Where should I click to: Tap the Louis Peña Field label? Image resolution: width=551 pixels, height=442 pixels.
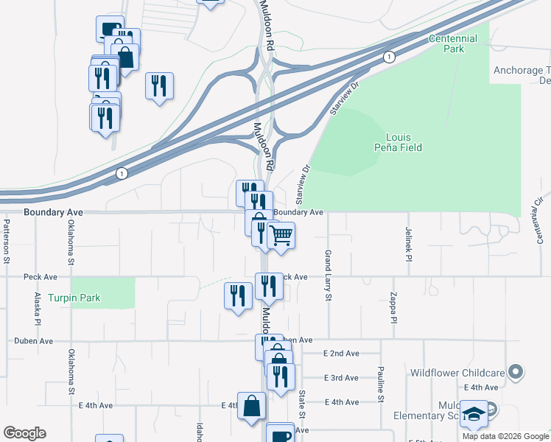point(404,142)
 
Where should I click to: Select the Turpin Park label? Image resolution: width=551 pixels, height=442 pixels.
point(74,298)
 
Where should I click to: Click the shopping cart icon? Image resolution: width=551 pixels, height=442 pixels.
point(281,235)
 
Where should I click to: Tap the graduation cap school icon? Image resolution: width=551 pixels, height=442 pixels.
point(475,414)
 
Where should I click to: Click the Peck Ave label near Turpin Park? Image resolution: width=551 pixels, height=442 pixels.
point(41,277)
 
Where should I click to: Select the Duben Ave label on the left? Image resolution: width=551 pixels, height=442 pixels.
point(34,341)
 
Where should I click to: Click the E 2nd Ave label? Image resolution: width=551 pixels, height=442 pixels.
point(341,354)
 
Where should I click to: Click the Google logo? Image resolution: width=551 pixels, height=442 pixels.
point(24,433)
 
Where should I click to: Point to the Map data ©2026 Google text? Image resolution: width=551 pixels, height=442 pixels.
point(505,436)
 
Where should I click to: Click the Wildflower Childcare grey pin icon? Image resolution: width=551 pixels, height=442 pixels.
point(516,372)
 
